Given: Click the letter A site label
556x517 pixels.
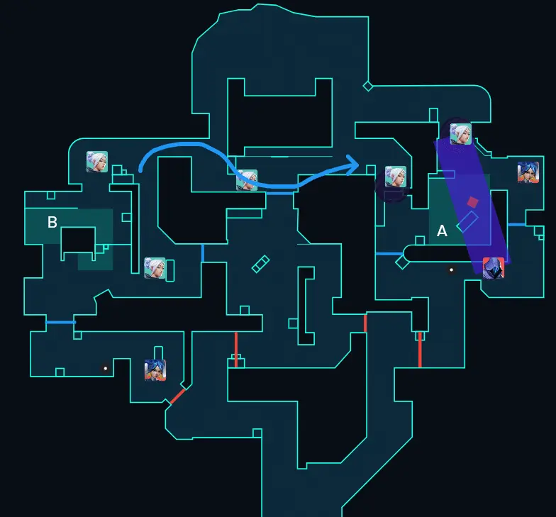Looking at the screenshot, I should (x=442, y=231).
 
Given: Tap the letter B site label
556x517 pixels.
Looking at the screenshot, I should (x=52, y=223).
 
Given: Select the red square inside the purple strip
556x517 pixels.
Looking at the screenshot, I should (x=473, y=202).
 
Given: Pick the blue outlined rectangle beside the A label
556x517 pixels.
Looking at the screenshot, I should (x=467, y=222).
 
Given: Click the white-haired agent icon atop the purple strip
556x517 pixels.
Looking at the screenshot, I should (x=460, y=133).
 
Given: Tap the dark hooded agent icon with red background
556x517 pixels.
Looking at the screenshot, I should (x=493, y=268).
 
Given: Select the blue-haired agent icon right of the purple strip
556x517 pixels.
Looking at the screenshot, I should (x=528, y=172).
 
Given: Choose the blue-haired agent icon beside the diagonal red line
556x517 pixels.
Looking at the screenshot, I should (x=155, y=369).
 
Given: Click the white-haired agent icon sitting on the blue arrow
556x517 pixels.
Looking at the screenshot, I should (x=247, y=180).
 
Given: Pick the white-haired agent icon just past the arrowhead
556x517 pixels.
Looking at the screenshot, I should (x=395, y=177).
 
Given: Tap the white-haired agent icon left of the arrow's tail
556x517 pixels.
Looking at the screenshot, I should (x=97, y=162).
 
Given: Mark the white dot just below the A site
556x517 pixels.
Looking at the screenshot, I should (x=451, y=269).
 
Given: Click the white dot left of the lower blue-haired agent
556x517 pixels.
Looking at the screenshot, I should (x=106, y=368).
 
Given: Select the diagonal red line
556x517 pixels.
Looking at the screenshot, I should (x=177, y=396).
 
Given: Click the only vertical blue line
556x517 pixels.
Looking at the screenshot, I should (x=203, y=252).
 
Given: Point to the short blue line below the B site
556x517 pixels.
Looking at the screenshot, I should (x=60, y=323).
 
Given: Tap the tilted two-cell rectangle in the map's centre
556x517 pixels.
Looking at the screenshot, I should (x=261, y=263).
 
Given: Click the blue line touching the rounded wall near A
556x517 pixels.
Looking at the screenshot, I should (x=389, y=253).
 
